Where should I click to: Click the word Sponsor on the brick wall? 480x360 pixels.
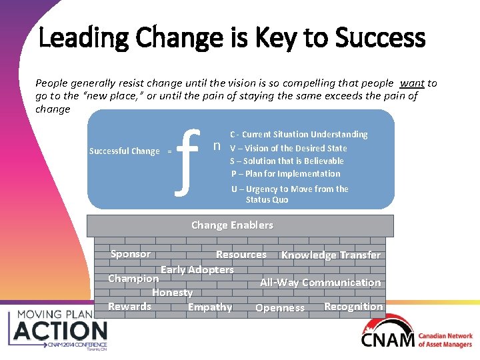pyautogui.click(x=131, y=254)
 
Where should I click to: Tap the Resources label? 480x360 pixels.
pyautogui.click(x=241, y=255)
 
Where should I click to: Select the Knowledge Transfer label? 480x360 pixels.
pyautogui.click(x=331, y=255)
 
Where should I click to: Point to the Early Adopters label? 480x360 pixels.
pyautogui.click(x=197, y=270)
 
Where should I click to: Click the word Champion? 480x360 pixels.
pyautogui.click(x=133, y=279)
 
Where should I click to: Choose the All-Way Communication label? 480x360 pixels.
pyautogui.click(x=320, y=283)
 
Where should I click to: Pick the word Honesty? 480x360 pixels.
pyautogui.click(x=172, y=293)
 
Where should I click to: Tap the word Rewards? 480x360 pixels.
pyautogui.click(x=130, y=307)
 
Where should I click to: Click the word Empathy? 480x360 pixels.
pyautogui.click(x=210, y=307)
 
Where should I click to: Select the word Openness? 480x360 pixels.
pyautogui.click(x=280, y=308)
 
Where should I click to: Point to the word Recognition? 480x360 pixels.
pyautogui.click(x=353, y=307)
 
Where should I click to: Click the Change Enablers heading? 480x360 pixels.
pyautogui.click(x=232, y=225)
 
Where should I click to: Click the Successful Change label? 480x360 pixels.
pyautogui.click(x=125, y=151)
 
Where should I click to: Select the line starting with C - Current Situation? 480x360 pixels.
pyautogui.click(x=299, y=135)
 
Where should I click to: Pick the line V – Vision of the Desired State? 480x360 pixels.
pyautogui.click(x=288, y=148)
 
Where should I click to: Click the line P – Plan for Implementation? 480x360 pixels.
pyautogui.click(x=285, y=174)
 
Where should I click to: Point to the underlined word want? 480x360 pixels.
pyautogui.click(x=412, y=83)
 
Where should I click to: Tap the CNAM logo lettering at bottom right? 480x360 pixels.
pyautogui.click(x=387, y=340)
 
